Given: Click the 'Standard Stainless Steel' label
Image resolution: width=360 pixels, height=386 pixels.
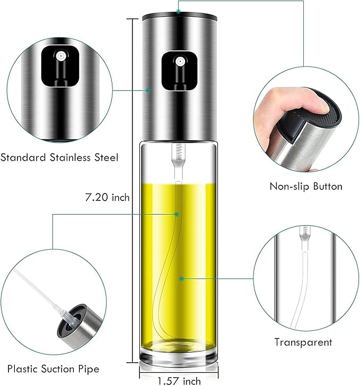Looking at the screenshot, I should (x=59, y=157).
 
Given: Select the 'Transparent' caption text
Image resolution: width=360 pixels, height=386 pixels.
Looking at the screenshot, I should (x=303, y=342).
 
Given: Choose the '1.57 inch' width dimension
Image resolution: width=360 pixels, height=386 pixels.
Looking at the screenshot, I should (x=179, y=380).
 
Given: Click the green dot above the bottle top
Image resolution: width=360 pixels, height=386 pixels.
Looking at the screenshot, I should (x=179, y=9).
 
